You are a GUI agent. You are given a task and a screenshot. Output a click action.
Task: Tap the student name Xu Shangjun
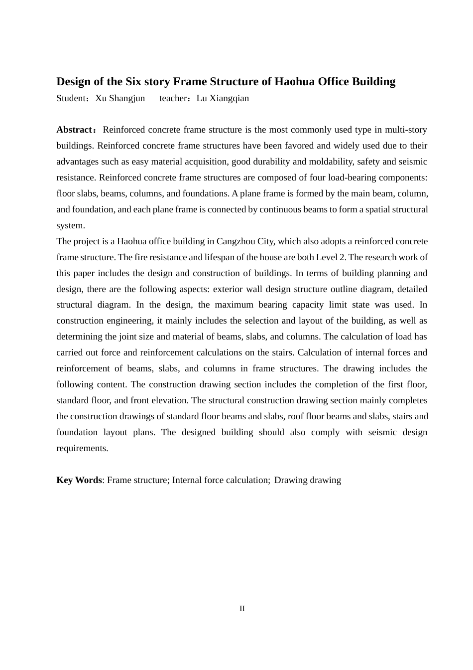click(120, 98)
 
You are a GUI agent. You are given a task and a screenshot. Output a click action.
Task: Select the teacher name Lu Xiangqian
click(223, 98)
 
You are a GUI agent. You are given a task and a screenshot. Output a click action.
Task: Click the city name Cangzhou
click(236, 241)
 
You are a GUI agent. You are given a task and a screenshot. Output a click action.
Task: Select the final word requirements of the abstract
click(82, 448)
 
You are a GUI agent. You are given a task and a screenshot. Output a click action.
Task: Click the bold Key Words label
click(79, 480)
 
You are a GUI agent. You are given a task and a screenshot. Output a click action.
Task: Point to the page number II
click(242, 609)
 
